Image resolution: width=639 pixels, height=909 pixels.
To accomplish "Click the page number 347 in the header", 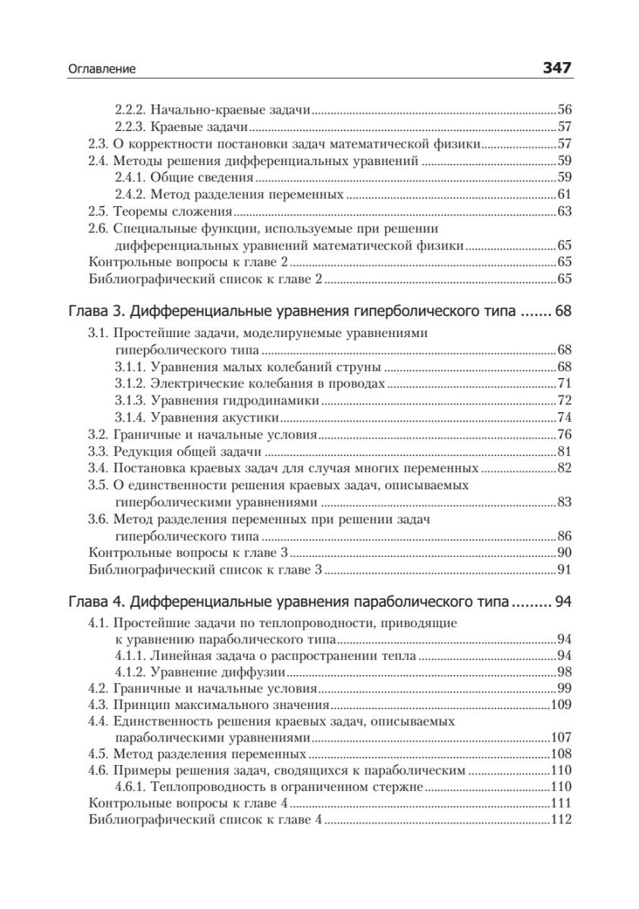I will tap(556, 68).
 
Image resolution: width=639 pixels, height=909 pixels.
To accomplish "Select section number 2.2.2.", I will tap(130, 110).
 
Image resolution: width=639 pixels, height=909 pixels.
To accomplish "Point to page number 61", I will tap(563, 194).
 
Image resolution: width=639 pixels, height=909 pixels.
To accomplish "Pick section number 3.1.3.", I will tap(130, 400).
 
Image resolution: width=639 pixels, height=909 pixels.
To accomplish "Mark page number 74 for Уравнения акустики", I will tap(563, 417).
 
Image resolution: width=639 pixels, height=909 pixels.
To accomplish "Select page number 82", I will tap(563, 468).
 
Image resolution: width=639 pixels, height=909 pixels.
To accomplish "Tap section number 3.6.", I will tap(99, 520).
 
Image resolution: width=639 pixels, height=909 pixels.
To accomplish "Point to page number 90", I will tap(563, 553).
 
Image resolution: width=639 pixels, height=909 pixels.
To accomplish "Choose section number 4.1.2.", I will tap(130, 673).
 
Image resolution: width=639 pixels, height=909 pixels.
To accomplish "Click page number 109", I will tap(559, 706).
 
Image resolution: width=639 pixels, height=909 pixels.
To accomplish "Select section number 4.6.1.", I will tap(130, 788).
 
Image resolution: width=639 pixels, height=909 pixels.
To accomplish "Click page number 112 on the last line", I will tap(559, 821).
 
